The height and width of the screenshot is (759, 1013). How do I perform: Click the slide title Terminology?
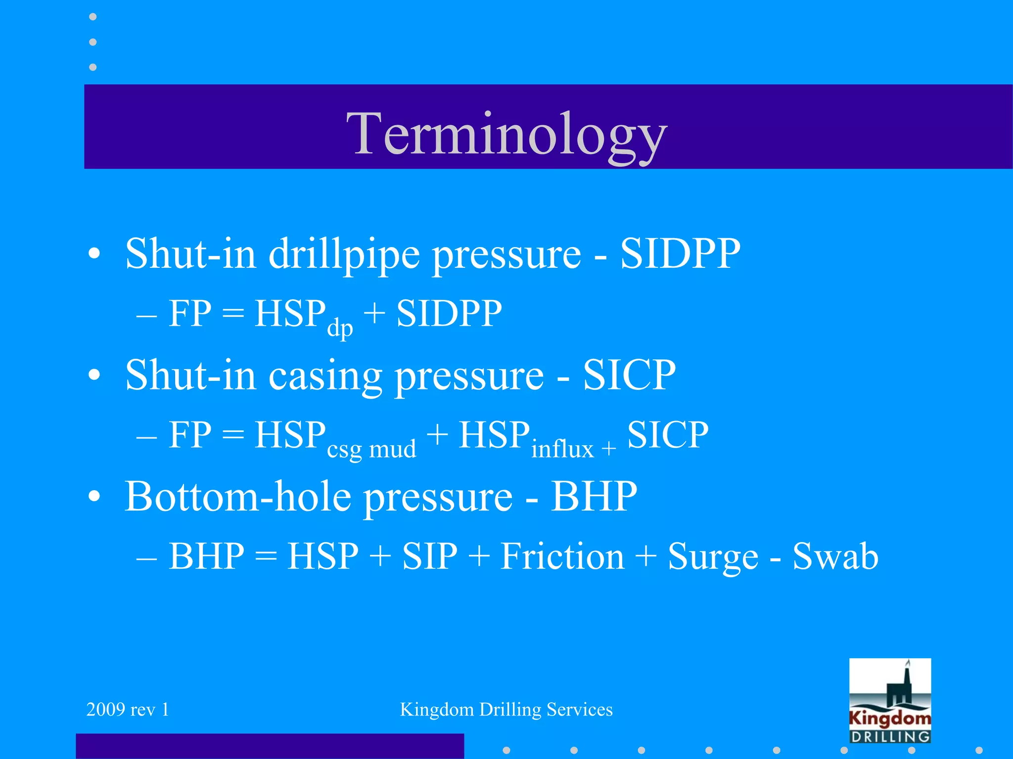click(x=506, y=132)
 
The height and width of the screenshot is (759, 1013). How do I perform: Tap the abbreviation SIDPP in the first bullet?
click(x=680, y=253)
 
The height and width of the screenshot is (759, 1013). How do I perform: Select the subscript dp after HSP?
click(x=340, y=328)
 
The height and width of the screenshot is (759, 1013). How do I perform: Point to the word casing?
click(x=325, y=376)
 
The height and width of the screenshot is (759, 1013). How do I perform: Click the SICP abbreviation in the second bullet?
click(x=629, y=375)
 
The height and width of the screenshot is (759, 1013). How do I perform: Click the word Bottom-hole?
click(x=237, y=496)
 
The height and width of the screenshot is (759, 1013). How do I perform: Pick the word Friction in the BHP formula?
click(x=562, y=556)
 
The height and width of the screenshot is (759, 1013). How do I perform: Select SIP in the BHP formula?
click(x=430, y=556)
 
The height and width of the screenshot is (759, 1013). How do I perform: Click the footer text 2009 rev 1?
click(x=128, y=710)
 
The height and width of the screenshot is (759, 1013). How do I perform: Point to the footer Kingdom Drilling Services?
click(x=506, y=710)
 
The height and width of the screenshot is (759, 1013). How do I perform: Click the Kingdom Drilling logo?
click(x=890, y=701)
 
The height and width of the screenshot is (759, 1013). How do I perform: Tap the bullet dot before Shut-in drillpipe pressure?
click(x=94, y=254)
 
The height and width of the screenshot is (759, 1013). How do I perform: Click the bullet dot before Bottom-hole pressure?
click(x=94, y=497)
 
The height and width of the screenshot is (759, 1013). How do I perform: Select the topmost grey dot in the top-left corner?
click(x=92, y=17)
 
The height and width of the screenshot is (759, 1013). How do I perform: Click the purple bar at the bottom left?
click(x=270, y=746)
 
